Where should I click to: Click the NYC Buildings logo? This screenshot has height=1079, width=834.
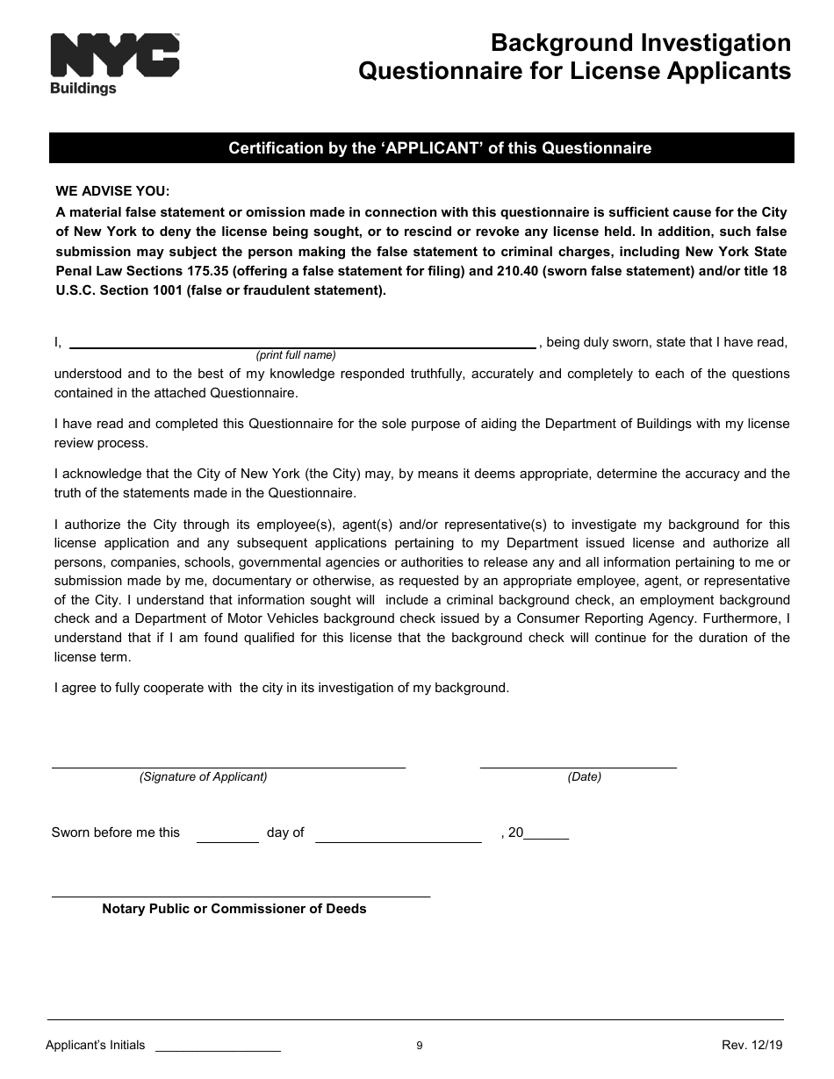click(114, 63)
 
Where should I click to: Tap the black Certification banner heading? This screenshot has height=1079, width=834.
click(421, 148)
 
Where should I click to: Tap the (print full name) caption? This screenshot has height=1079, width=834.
click(296, 355)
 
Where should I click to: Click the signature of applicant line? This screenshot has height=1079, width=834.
click(228, 766)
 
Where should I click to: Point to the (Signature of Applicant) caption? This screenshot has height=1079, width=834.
click(204, 776)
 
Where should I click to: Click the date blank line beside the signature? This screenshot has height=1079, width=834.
click(578, 766)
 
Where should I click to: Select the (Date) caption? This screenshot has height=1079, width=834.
click(585, 776)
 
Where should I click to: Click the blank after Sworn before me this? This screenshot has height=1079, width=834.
click(227, 840)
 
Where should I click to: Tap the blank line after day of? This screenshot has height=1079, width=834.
click(398, 840)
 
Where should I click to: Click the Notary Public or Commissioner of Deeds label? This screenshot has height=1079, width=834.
click(234, 909)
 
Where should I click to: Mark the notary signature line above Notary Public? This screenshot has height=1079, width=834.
click(241, 895)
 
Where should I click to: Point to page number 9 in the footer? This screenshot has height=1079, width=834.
click(420, 1045)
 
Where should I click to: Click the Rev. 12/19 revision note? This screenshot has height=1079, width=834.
click(751, 1045)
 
